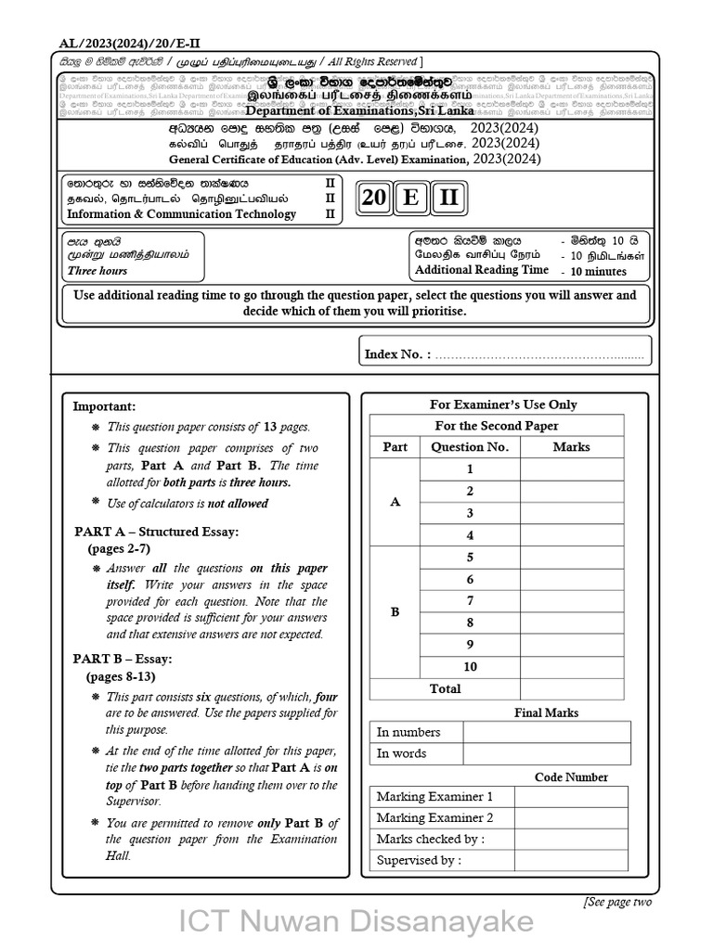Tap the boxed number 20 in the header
point(374,199)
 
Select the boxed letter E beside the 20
point(411,199)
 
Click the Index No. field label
point(397,354)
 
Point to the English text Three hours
point(97,271)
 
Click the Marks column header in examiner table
point(571,447)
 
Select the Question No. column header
point(470,447)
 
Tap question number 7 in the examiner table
point(470,601)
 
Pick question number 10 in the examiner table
point(470,667)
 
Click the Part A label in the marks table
point(395,502)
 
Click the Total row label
point(445,689)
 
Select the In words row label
point(401,753)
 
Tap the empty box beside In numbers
point(546,732)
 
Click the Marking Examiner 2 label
point(434,818)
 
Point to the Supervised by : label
point(419,860)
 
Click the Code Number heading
point(571,777)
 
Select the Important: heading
point(104,406)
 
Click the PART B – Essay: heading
point(123,659)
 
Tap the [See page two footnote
point(618,902)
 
